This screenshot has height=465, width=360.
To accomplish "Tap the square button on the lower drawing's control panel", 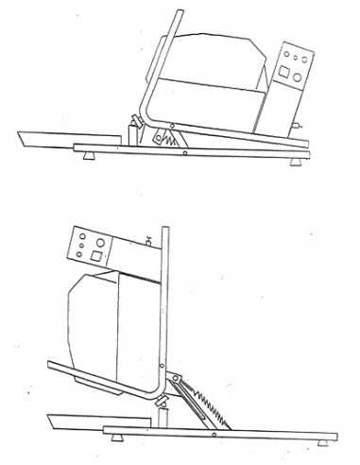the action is tap(96, 253).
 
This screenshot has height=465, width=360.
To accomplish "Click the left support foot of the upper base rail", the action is tap(89, 153).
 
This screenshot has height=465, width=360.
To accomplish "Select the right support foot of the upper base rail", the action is tap(300, 160).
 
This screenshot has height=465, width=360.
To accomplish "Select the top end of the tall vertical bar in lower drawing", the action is tap(165, 230).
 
